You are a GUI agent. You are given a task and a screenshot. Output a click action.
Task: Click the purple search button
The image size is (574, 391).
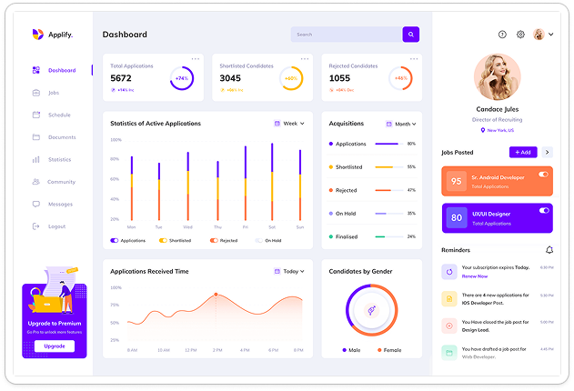pos(411,35)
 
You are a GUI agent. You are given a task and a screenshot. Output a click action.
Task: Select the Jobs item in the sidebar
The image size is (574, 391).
pos(54,93)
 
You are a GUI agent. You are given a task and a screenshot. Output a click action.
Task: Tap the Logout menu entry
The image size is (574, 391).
pos(56,226)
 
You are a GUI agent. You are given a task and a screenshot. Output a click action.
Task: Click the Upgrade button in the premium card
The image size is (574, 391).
pos(55,346)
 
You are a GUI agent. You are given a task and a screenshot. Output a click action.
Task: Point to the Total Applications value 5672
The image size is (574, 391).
pos(121,78)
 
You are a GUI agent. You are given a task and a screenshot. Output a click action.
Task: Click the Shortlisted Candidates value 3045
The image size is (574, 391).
pos(230,78)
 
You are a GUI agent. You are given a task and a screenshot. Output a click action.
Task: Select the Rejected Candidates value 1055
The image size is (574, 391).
pos(339,78)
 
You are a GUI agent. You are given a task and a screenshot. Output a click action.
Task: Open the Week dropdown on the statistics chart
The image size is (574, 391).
pos(289,124)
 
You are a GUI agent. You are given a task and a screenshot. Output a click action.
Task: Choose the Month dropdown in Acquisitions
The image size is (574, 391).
pos(400,124)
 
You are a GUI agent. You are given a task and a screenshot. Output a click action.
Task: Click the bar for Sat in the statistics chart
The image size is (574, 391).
pos(272,182)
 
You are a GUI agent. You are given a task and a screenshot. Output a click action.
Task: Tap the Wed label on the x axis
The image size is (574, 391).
pos(187,226)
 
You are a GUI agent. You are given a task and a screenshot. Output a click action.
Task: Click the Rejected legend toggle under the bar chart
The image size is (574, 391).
pos(224,241)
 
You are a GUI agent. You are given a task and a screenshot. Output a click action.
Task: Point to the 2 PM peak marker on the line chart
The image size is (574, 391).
pos(216,295)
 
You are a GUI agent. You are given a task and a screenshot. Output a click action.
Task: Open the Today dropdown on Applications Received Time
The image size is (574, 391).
pos(289,271)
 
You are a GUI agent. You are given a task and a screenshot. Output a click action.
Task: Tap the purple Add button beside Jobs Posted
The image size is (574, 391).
pos(524,152)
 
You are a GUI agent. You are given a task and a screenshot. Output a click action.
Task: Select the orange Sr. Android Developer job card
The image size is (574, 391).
pos(497,181)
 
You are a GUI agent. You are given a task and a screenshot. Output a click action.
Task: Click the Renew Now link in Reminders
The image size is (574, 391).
pos(475,276)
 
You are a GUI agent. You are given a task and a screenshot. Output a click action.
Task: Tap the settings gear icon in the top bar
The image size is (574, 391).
pos(521,35)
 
